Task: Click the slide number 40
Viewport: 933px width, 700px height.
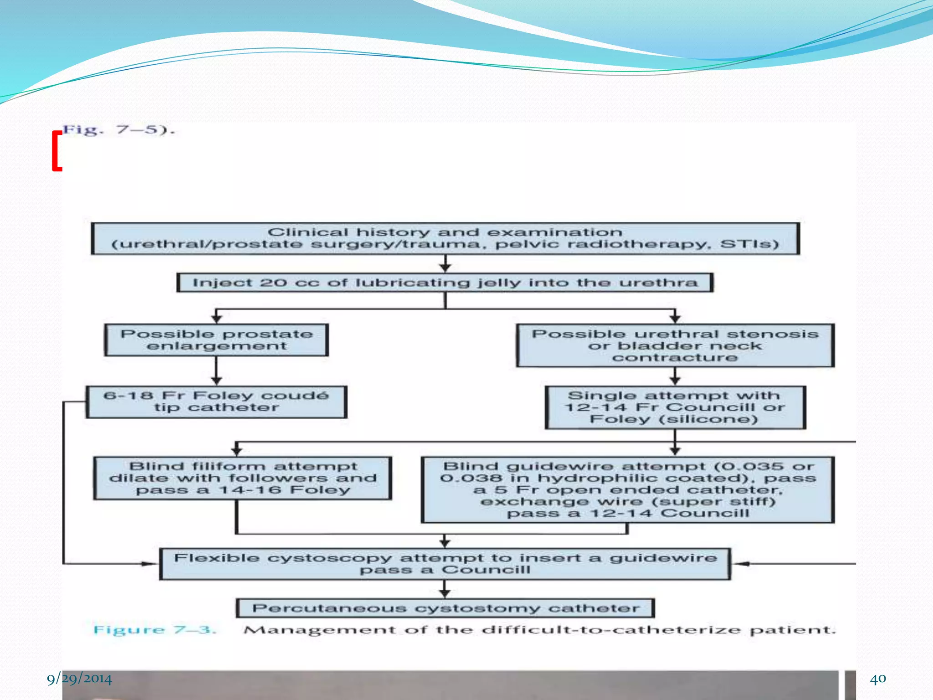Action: pyautogui.click(x=878, y=679)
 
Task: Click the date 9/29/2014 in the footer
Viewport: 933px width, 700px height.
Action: pyautogui.click(x=79, y=679)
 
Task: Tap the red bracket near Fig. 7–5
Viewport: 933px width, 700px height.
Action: pyautogui.click(x=56, y=151)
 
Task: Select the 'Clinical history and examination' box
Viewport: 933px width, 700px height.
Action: pyautogui.click(x=445, y=238)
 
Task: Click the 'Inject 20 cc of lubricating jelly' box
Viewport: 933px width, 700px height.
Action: pyautogui.click(x=445, y=283)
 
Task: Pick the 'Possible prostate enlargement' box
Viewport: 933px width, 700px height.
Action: pyautogui.click(x=216, y=340)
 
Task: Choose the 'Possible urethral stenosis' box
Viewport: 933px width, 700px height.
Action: pyautogui.click(x=675, y=345)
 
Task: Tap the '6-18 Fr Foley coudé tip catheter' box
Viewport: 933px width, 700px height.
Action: pyautogui.click(x=216, y=401)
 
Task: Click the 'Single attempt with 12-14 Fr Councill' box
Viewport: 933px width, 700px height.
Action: pyautogui.click(x=675, y=407)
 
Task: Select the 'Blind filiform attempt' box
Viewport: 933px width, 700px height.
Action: pyautogui.click(x=243, y=478)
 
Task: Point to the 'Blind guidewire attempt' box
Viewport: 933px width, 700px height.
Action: pyautogui.click(x=628, y=490)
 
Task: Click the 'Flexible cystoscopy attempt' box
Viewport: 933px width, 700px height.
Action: pyautogui.click(x=445, y=564)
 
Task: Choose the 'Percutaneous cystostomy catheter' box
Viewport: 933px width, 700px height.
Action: pyautogui.click(x=445, y=608)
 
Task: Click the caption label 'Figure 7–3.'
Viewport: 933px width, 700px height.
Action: pyautogui.click(x=154, y=630)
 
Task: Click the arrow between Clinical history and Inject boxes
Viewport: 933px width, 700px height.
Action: pyautogui.click(x=445, y=264)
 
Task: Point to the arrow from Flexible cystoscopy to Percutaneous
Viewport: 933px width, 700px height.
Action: pyautogui.click(x=445, y=589)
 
